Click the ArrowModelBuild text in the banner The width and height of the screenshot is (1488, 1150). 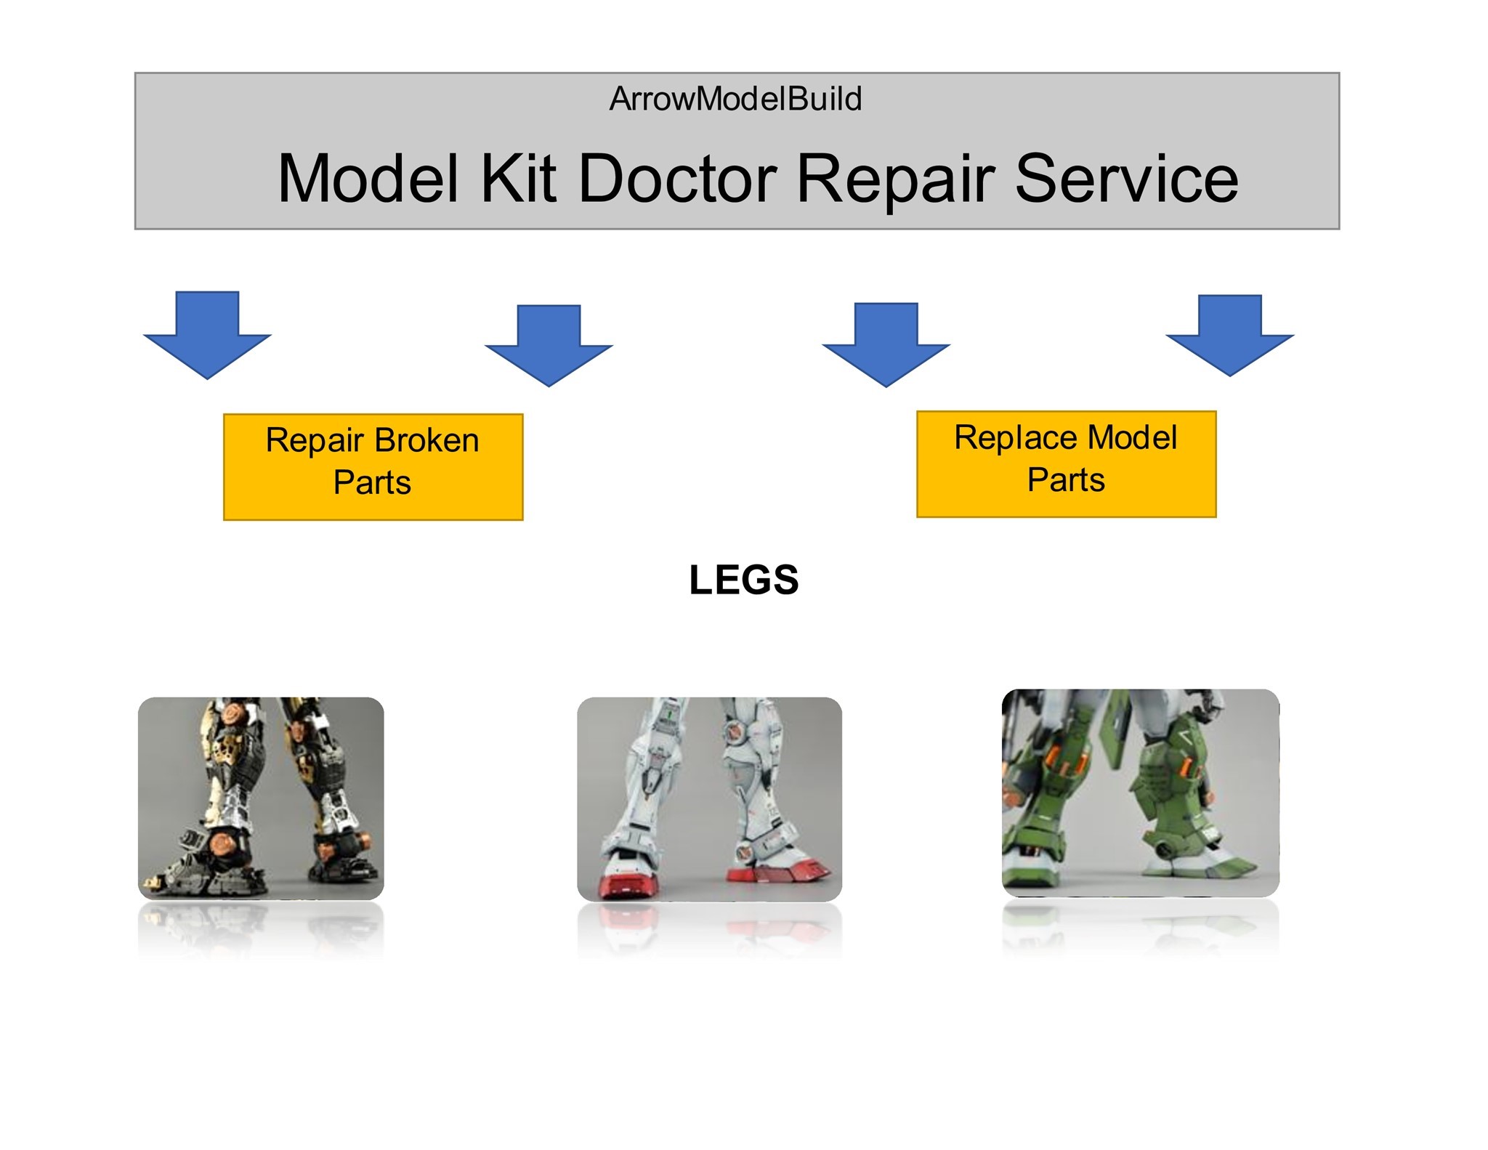[x=735, y=99]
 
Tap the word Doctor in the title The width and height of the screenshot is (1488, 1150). [x=678, y=179]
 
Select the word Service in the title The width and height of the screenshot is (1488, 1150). [x=1126, y=179]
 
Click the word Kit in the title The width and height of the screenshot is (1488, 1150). [x=518, y=179]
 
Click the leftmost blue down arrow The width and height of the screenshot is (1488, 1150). [x=208, y=335]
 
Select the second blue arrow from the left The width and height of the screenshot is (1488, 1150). [x=549, y=345]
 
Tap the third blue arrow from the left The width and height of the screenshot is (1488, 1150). [x=886, y=344]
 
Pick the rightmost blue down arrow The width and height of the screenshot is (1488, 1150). [x=1229, y=335]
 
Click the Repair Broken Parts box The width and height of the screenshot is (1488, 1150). [x=373, y=467]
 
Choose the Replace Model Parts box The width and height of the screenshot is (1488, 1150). [x=1066, y=464]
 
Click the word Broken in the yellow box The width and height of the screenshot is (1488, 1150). [x=426, y=440]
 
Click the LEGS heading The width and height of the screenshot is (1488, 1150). [x=743, y=580]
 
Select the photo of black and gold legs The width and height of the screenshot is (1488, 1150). [x=261, y=798]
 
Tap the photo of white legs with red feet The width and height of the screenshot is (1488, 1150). [x=709, y=799]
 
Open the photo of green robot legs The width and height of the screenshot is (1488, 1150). [x=1140, y=793]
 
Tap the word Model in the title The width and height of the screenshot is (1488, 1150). [x=368, y=179]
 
